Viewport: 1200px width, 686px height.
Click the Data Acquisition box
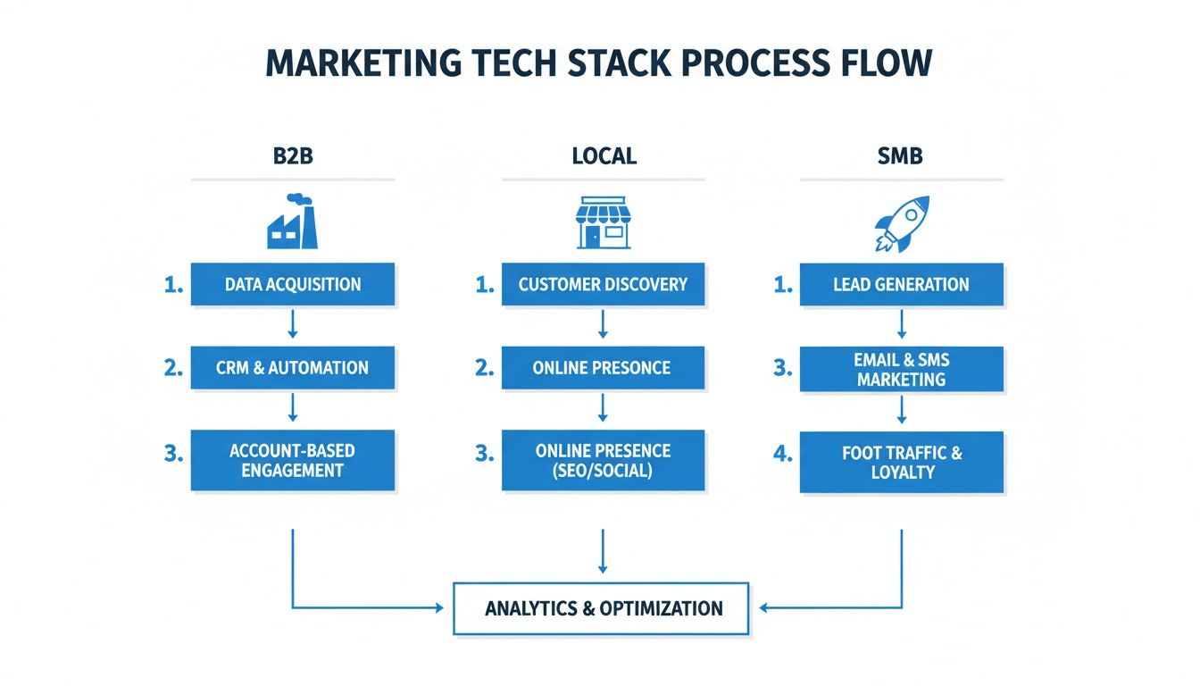pos(292,285)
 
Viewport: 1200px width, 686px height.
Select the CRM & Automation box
pos(292,367)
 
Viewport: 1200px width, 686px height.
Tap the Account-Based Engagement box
pos(292,459)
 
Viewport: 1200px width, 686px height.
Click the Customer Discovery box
pos(603,285)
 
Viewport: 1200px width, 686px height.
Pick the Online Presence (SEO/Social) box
pos(603,459)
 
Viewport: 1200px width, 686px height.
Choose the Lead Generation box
pos(901,285)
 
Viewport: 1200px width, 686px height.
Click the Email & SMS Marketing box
pos(901,369)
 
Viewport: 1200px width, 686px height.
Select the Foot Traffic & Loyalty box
pos(901,462)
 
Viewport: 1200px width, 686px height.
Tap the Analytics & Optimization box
pos(603,609)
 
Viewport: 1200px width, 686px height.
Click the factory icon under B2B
pos(293,222)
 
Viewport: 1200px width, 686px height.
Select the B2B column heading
pos(293,156)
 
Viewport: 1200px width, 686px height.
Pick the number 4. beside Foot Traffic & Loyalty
pos(783,454)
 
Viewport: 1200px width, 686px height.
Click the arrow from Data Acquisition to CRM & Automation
pos(292,323)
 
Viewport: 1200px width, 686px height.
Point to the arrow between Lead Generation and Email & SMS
pos(901,323)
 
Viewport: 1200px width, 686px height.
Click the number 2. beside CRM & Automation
pos(173,367)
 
